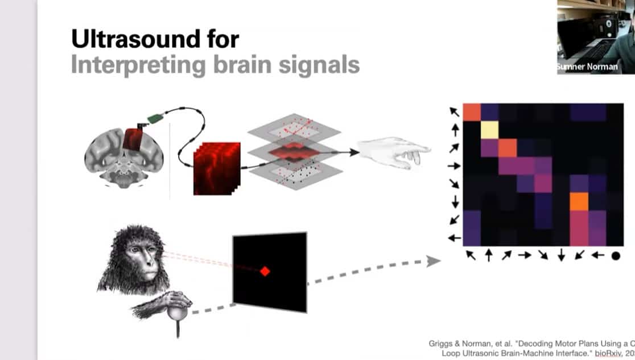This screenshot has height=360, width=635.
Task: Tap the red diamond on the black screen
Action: coord(265,271)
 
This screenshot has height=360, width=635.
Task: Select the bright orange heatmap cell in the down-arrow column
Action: coord(579,201)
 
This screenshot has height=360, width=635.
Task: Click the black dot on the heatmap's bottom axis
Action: coord(615,256)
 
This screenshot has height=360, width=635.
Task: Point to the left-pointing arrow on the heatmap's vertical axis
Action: coord(454,238)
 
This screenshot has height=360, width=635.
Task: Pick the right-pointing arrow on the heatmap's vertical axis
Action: coord(454,166)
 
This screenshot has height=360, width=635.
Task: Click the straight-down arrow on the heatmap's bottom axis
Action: coord(561,256)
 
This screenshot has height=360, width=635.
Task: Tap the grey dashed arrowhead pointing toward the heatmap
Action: coord(433,261)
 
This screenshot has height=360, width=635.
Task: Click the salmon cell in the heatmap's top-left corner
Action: coord(472,112)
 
